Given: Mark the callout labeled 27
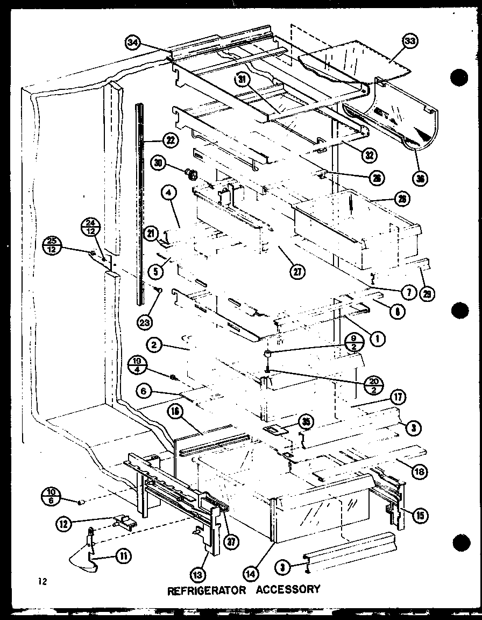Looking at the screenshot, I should point(295,272).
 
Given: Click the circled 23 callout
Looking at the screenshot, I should point(144,322).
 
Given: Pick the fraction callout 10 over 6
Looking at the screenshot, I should point(52,497).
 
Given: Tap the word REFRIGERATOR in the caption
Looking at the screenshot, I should point(207,590).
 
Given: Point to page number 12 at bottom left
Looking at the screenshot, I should point(42,581).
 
